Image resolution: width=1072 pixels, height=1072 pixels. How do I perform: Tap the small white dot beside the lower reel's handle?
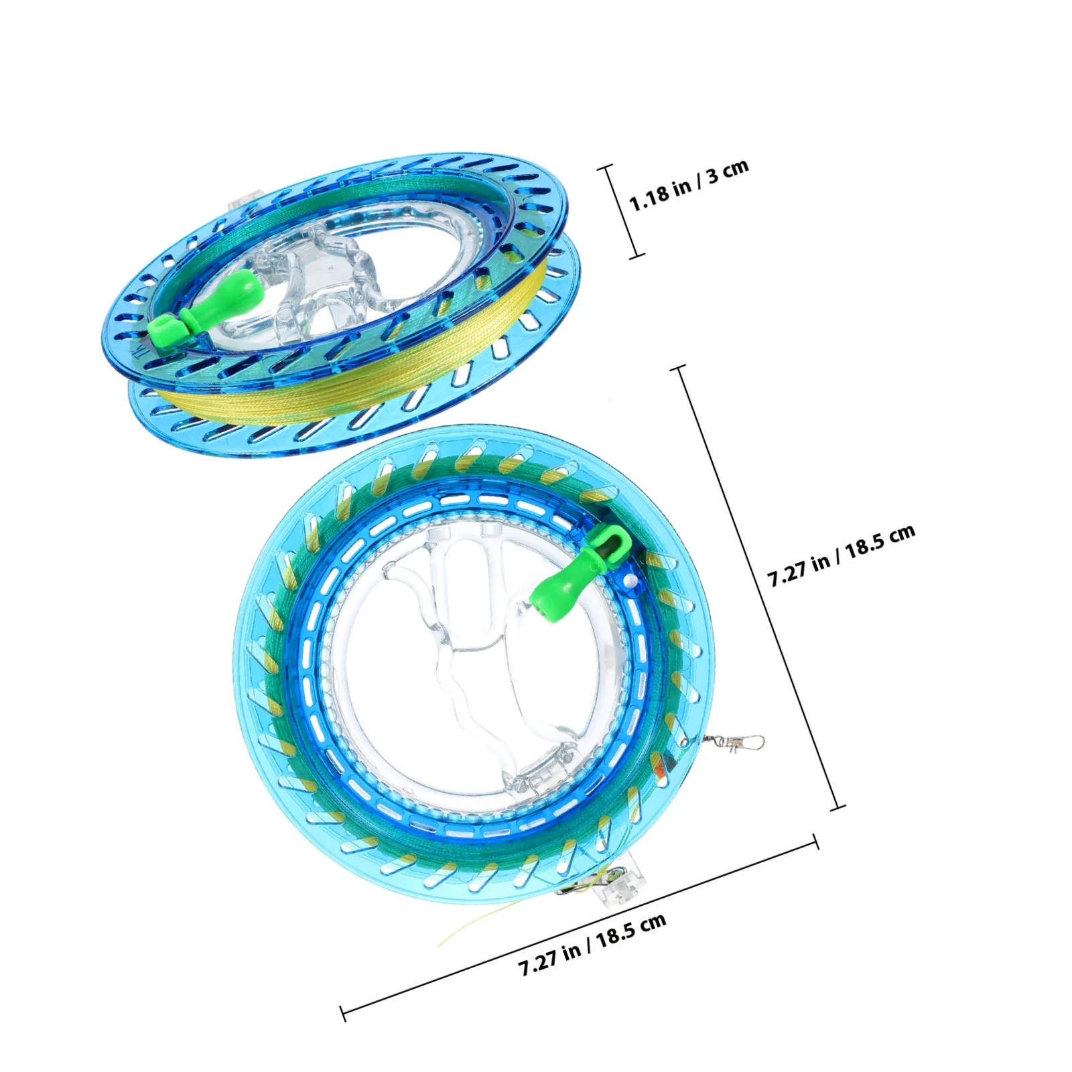pos(630,578)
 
